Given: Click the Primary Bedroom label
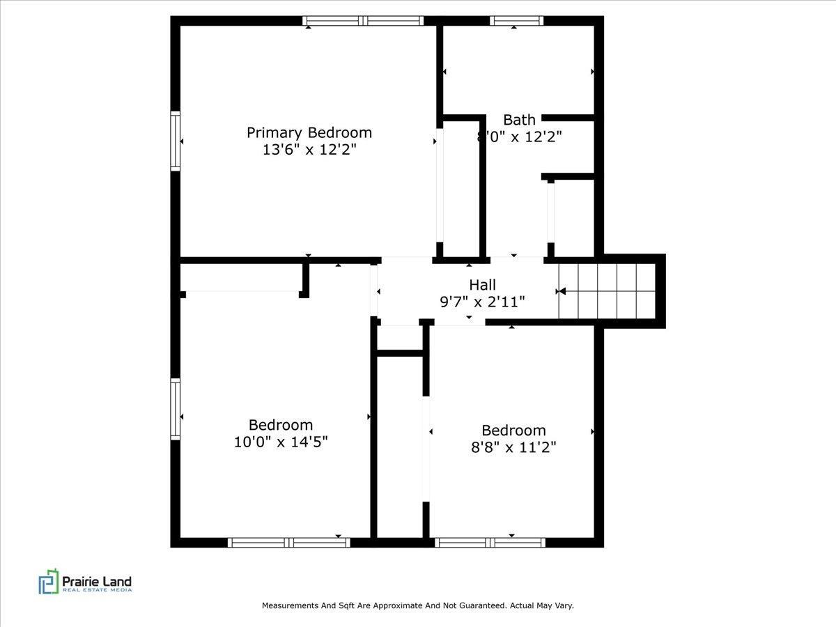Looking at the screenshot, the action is [309, 133].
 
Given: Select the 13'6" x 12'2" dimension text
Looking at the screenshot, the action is [309, 150].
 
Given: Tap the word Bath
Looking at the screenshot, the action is [519, 120].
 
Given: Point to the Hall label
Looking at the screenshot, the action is [482, 285].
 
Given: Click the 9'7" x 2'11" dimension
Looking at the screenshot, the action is [482, 302].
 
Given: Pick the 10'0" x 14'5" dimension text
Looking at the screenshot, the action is [281, 442].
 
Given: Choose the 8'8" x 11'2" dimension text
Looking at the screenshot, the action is [513, 447].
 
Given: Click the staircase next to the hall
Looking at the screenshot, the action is [607, 291].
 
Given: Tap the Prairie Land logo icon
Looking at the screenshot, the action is [48, 581].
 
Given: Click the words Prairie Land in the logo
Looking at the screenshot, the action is [97, 581].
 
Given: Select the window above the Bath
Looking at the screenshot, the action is [516, 21].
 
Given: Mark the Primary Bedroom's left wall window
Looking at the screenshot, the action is [175, 141].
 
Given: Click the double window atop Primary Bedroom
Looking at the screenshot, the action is [363, 21].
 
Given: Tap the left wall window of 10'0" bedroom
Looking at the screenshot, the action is [175, 409].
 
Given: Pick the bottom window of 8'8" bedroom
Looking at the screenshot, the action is [490, 543].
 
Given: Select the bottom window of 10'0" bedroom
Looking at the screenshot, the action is [289, 543].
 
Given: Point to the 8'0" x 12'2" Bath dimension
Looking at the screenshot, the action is [520, 137].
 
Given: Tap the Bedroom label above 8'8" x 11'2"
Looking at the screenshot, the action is [513, 431].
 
